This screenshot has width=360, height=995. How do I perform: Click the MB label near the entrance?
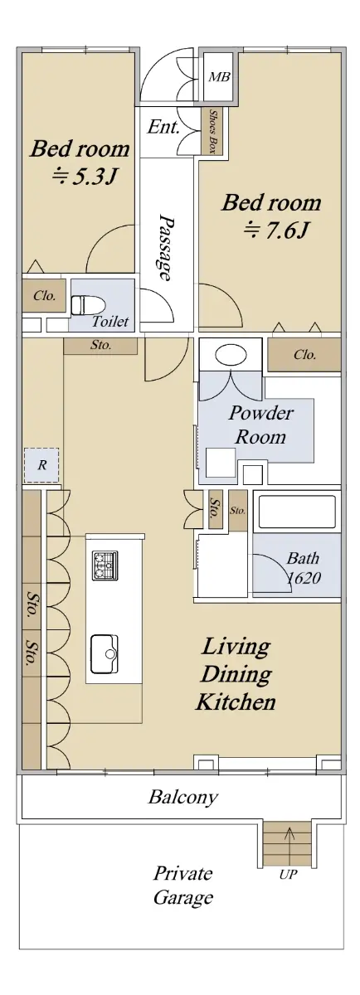pyautogui.click(x=220, y=77)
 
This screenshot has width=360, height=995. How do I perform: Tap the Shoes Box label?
pyautogui.click(x=212, y=132)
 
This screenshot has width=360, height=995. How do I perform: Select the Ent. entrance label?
pyautogui.click(x=163, y=128)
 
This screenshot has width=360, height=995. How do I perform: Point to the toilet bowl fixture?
pyautogui.click(x=88, y=305)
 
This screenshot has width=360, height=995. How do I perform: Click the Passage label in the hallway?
pyautogui.click(x=166, y=248)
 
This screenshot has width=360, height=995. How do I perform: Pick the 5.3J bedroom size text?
pyautogui.click(x=84, y=177)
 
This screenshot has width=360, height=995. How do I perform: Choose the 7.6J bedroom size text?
pyautogui.click(x=275, y=231)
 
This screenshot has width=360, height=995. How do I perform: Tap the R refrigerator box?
pyautogui.click(x=41, y=465)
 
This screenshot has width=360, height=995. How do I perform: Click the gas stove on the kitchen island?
pyautogui.click(x=105, y=565)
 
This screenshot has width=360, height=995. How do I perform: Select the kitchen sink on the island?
pyautogui.click(x=105, y=654)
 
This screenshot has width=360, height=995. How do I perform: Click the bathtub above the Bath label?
pyautogui.click(x=296, y=512)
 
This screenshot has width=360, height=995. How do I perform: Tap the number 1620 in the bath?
pyautogui.click(x=304, y=578)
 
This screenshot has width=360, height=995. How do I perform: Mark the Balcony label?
pyautogui.click(x=183, y=797)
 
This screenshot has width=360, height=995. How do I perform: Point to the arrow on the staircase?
pyautogui.click(x=289, y=844)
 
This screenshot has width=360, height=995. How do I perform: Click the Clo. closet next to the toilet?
pyautogui.click(x=45, y=295)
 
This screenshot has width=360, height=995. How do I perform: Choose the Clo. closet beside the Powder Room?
pyautogui.click(x=304, y=355)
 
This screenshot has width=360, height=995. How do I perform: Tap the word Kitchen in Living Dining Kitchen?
pyautogui.click(x=236, y=701)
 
